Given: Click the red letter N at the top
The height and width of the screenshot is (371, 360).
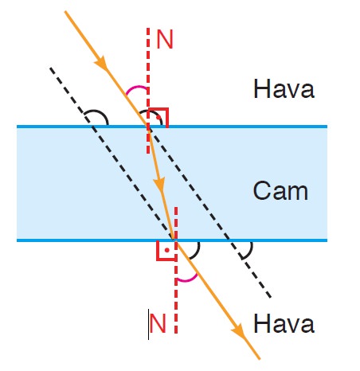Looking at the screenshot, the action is point(165,39).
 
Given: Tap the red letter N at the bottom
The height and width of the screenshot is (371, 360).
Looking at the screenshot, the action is point(158,323).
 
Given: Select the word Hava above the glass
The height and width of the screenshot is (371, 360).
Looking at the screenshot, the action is point(284,88).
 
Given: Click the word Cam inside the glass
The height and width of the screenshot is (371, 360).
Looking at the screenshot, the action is point(280,190).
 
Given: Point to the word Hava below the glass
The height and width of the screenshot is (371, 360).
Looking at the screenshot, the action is point(284,323).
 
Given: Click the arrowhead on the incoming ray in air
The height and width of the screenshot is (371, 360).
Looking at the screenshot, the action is point(101,64).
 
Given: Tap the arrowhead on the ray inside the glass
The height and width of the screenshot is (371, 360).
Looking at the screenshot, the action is point(159,185).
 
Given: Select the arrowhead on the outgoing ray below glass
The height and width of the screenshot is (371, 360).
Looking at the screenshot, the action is point(238,332).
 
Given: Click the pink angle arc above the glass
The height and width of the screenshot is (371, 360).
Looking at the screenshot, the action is point(135,88).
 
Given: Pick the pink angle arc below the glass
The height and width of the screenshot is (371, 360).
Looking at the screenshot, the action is point(187,279).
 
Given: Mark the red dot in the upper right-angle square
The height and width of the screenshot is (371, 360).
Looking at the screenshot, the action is point(158,117).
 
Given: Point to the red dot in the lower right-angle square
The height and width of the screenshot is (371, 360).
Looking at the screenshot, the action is point(166,250).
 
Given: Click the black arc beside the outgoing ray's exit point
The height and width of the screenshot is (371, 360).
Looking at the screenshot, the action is point(197,252).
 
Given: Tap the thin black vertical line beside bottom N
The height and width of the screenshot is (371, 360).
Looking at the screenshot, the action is point(148,324).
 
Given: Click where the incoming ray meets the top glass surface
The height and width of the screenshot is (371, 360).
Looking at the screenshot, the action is point(147,127).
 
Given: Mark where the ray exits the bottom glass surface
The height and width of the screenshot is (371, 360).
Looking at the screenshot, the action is point(174,240).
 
